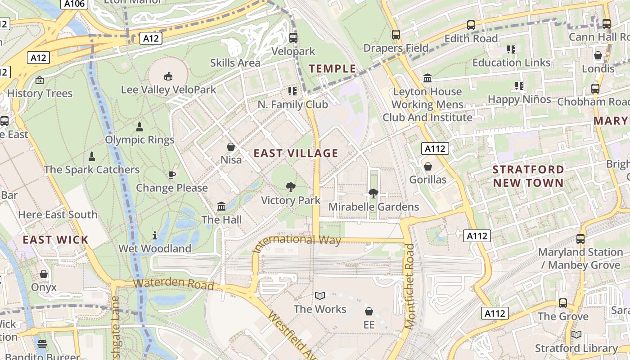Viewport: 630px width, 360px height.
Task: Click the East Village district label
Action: [296, 153]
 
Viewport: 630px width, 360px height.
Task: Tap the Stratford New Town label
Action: [528, 176]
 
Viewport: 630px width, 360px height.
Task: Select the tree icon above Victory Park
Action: [291, 187]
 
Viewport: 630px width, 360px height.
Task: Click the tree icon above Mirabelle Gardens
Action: [373, 193]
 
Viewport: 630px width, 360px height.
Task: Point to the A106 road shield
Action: [74, 4]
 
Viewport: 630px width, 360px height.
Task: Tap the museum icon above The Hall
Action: [221, 207]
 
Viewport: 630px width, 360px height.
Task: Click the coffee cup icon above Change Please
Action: [171, 175]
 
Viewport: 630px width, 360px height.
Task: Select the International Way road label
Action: [297, 241]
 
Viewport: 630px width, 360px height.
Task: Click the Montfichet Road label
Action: [409, 286]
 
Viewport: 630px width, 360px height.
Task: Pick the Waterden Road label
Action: [173, 284]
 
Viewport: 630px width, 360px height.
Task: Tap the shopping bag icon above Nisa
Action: [231, 147]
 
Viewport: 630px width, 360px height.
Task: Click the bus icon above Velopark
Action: [293, 38]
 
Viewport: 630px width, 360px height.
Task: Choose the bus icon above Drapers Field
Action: [396, 35]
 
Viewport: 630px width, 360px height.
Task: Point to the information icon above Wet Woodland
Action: [155, 235]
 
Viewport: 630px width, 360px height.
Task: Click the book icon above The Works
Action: [320, 296]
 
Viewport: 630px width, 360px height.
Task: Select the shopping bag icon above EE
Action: [369, 311]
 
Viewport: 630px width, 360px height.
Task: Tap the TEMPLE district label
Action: [333, 69]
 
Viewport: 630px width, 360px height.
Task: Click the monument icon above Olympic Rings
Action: [139, 126]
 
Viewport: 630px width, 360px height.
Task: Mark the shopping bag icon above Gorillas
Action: [428, 166]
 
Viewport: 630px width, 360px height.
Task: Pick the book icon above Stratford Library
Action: [576, 335]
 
